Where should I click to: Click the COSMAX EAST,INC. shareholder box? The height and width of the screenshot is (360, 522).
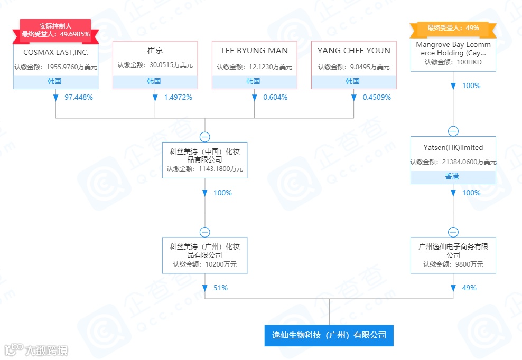click(x=55, y=61)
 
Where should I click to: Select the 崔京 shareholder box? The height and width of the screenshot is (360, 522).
click(x=155, y=61)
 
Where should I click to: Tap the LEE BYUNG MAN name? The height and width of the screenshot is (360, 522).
click(x=254, y=51)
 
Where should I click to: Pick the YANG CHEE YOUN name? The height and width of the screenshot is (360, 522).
click(x=353, y=51)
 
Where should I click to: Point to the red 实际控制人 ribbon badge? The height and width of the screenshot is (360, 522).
click(x=55, y=30)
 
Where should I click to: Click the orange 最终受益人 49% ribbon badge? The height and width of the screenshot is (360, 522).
click(x=453, y=28)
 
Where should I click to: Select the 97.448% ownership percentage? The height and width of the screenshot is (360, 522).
click(x=79, y=97)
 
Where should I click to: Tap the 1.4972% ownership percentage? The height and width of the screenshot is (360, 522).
click(x=178, y=97)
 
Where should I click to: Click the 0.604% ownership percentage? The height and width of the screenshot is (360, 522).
click(x=275, y=97)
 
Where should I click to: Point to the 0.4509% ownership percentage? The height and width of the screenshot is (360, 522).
click(x=377, y=97)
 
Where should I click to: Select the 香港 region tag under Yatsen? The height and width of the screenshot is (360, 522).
click(x=453, y=177)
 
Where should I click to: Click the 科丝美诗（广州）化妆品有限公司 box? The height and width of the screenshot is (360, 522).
click(x=204, y=255)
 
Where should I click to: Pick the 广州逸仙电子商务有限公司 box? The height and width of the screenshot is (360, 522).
click(x=453, y=255)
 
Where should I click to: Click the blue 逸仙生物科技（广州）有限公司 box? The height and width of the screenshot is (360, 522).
click(x=329, y=335)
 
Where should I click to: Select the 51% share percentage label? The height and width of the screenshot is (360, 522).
click(x=220, y=288)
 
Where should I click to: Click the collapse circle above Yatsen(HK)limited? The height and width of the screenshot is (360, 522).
click(x=453, y=131)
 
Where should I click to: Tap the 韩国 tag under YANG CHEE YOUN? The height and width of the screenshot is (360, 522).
click(x=353, y=82)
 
